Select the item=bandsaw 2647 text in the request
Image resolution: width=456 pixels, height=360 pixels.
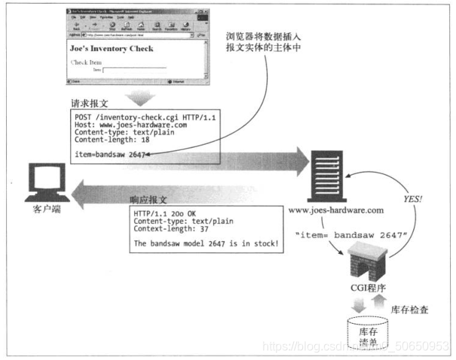pos(110,154)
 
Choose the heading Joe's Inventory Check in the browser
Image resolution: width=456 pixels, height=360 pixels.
pos(112,49)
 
